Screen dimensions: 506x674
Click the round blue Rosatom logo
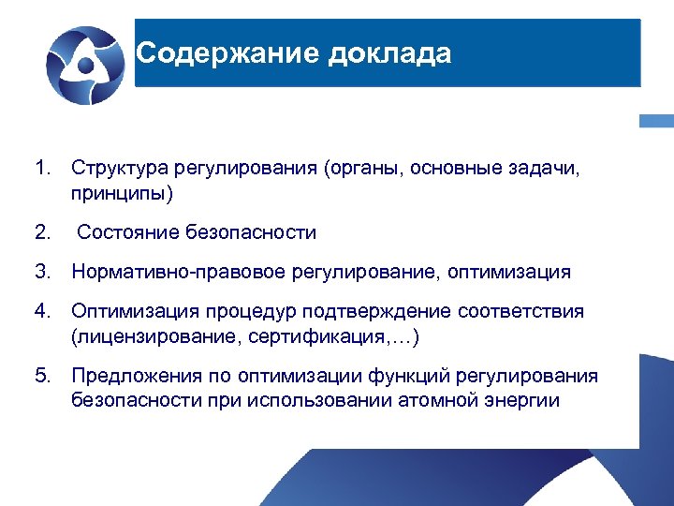[x=84, y=63]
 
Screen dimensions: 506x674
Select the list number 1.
[x=40, y=169]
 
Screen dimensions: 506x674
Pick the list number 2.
[x=40, y=232]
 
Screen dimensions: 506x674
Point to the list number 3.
[x=40, y=273]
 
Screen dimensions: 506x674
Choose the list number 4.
[x=40, y=311]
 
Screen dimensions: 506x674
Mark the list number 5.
[x=40, y=376]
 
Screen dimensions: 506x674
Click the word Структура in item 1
[x=115, y=169]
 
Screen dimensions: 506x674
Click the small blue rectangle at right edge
[x=656, y=121]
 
